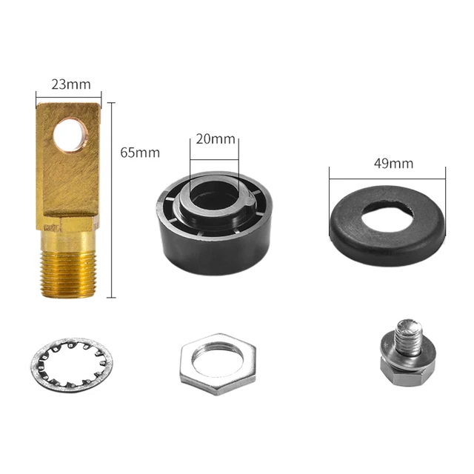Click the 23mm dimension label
pyautogui.click(x=71, y=84)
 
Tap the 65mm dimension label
pyautogui.click(x=140, y=153)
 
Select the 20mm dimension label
pyautogui.click(x=216, y=138)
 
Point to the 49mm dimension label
pyautogui.click(x=393, y=164)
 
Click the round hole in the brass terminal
pyautogui.click(x=70, y=134)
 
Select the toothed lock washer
pyautogui.click(x=72, y=365)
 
